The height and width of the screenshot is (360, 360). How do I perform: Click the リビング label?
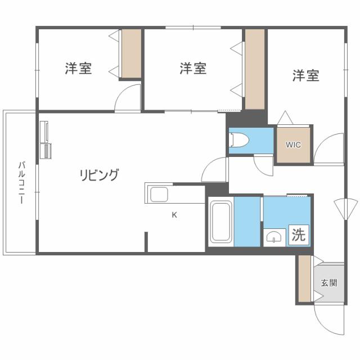coord(98,175)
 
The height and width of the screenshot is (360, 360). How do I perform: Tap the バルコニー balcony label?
coord(21,183)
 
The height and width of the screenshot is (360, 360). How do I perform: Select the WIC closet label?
coord(293,145)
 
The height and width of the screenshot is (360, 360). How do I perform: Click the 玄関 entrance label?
coord(329,283)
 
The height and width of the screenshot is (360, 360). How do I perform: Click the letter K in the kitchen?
coord(174,214)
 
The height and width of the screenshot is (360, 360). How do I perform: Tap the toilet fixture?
coord(237,140)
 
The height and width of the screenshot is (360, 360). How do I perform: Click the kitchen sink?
coord(158,195)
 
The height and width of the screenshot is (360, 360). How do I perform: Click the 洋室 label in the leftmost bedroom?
coord(78,69)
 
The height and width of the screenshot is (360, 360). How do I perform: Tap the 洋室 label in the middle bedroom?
coord(193,69)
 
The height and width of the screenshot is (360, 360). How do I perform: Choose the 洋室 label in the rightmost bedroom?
coord(305,76)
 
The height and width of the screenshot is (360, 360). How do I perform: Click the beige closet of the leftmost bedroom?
coord(132,54)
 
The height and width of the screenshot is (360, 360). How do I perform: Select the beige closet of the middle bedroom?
coord(255,69)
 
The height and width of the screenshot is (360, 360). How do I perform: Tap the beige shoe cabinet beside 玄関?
coord(304,280)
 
